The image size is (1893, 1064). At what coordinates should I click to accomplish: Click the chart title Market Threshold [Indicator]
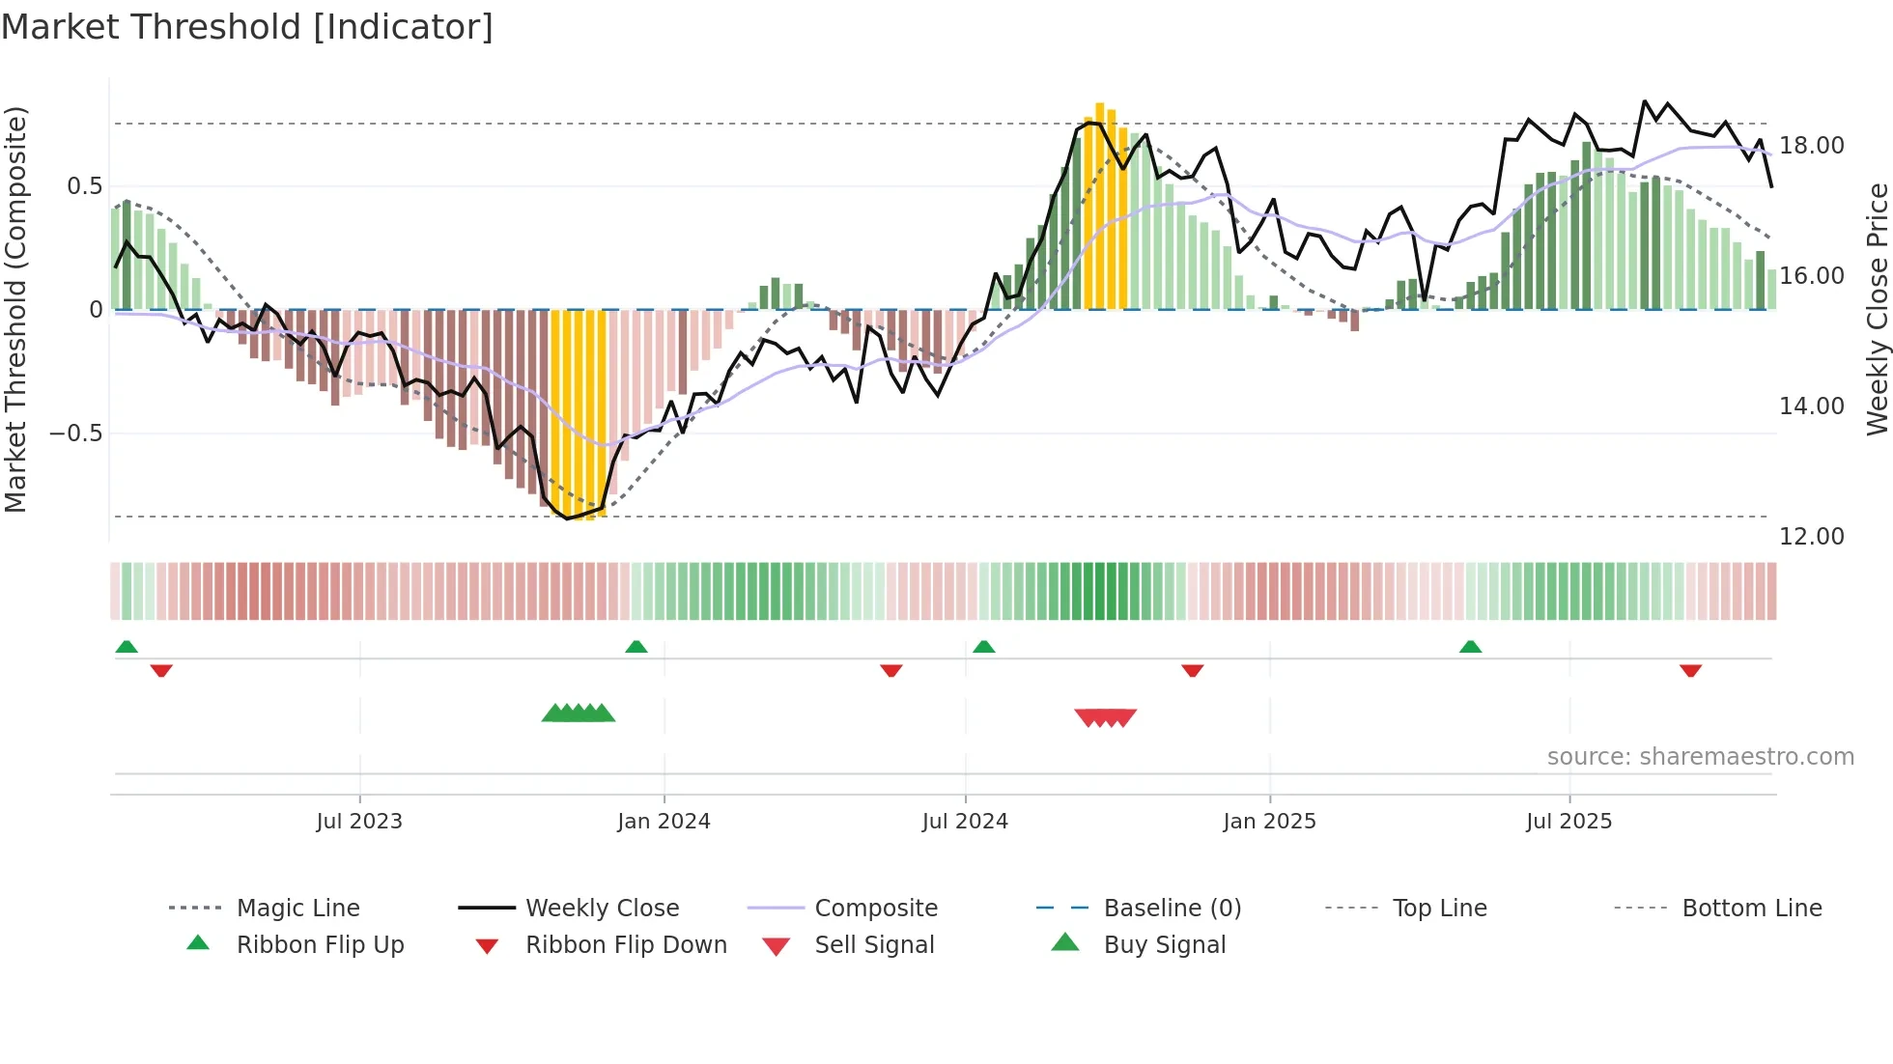247,27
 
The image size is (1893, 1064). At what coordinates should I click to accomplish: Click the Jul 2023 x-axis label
359,821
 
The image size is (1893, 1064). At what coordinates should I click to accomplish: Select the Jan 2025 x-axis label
1269,821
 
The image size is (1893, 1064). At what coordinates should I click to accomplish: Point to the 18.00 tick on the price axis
1811,146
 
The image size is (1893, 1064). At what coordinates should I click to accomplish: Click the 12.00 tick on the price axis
1811,537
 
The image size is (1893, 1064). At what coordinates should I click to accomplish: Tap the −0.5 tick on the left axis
75,433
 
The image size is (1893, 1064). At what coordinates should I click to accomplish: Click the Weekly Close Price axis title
1877,309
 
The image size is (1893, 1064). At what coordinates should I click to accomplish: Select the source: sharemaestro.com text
1700,756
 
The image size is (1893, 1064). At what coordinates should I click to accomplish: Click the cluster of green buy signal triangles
579,714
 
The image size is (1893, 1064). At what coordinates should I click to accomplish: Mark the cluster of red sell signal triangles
1106,717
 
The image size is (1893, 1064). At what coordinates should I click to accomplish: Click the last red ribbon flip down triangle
1690,670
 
